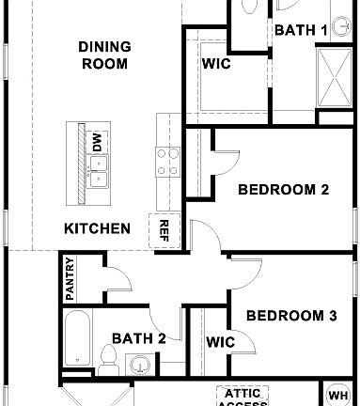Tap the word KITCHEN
[x=97, y=228]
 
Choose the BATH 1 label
[x=300, y=30]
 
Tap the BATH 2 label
[x=138, y=337]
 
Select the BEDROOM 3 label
[x=290, y=316]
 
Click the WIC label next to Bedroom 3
[x=220, y=341]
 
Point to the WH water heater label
[x=338, y=395]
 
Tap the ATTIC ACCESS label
[x=243, y=397]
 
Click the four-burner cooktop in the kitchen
[x=167, y=157]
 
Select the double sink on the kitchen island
[x=98, y=167]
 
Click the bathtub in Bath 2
[x=78, y=341]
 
